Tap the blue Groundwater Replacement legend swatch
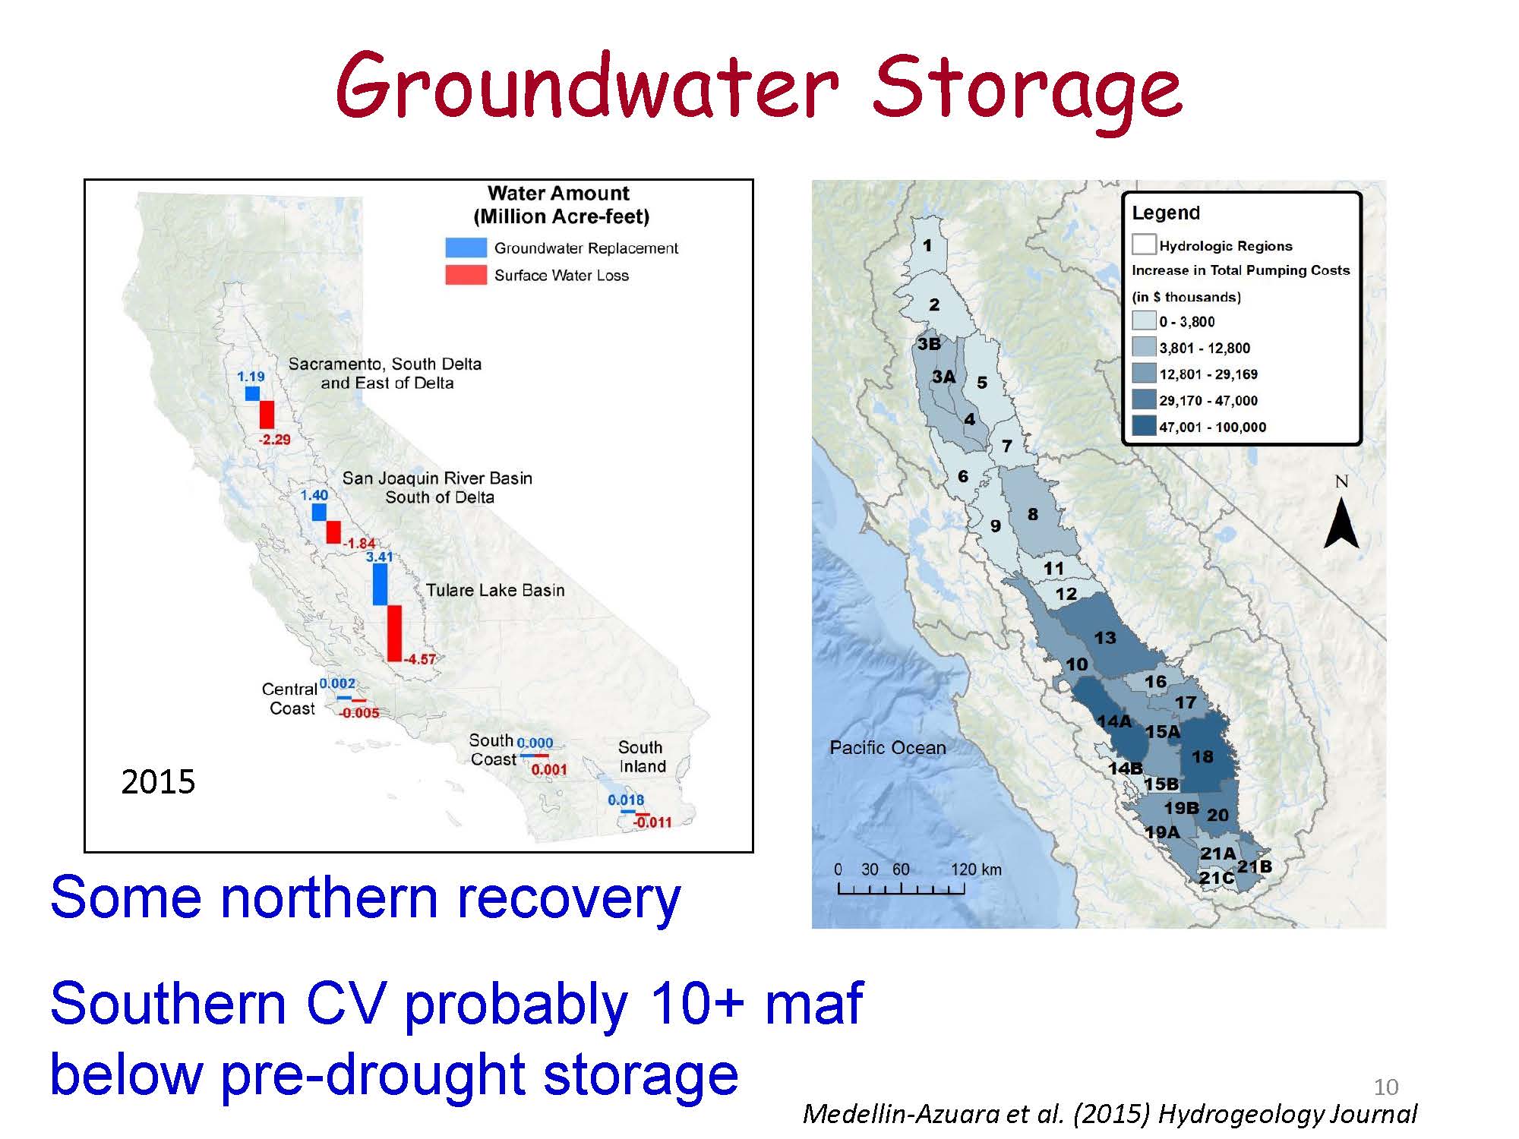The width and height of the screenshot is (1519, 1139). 466,248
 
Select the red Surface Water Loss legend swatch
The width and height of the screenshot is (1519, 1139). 466,274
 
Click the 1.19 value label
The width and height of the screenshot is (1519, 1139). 251,376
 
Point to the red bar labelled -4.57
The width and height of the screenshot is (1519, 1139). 394,633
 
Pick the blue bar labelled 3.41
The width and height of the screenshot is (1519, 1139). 380,585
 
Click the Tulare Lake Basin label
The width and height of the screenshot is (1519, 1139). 495,590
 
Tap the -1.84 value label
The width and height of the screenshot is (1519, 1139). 359,543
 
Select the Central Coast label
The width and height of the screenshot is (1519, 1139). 289,699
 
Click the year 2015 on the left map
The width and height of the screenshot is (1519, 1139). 158,781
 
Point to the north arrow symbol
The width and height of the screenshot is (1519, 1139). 1341,522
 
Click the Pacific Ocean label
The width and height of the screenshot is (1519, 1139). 888,747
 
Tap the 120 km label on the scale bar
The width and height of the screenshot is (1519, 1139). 976,869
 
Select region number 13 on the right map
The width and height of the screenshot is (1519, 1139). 1105,638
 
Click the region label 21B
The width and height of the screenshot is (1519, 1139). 1255,866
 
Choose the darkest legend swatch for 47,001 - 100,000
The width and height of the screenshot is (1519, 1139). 1144,426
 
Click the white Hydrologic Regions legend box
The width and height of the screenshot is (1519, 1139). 1144,245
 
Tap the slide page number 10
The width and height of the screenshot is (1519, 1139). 1386,1087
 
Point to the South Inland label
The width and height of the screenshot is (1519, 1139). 642,756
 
